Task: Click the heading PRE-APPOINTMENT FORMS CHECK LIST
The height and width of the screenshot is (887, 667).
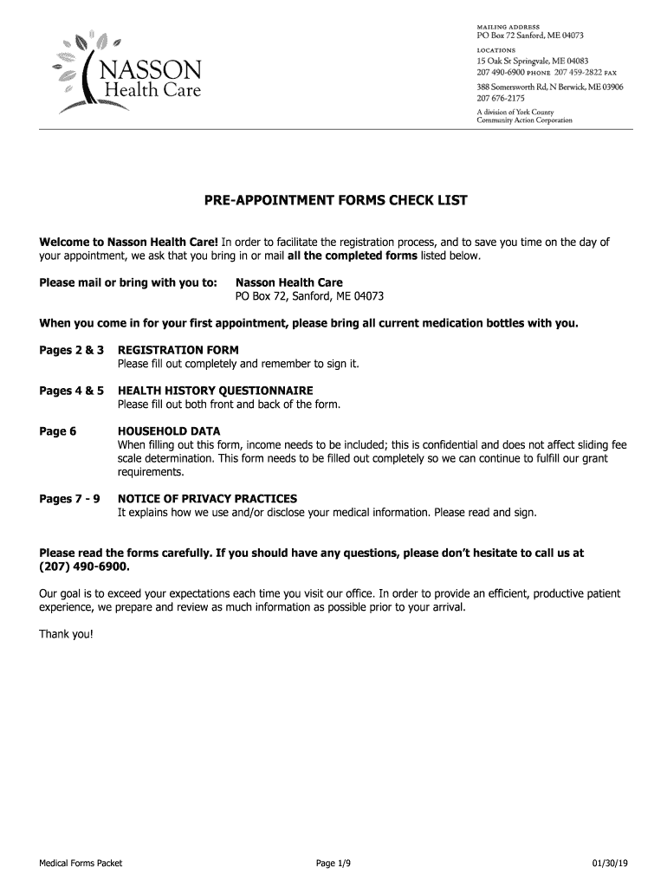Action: coord(335,201)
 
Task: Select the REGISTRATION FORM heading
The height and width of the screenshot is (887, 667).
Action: coord(178,350)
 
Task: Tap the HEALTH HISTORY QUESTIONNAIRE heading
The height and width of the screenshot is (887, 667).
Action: coord(215,391)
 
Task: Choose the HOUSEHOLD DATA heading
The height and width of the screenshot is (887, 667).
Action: coord(169,431)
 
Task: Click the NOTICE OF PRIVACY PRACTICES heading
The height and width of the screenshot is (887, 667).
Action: coord(207,499)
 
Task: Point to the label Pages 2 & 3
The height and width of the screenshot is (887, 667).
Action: coord(72,350)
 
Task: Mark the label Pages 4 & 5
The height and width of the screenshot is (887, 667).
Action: coord(72,391)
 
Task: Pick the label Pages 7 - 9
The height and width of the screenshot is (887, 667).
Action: coord(70,499)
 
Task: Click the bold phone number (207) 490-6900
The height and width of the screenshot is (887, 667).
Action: coord(84,567)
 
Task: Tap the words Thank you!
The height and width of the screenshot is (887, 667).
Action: coord(65,634)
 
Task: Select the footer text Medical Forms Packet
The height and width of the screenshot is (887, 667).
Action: coord(81,864)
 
